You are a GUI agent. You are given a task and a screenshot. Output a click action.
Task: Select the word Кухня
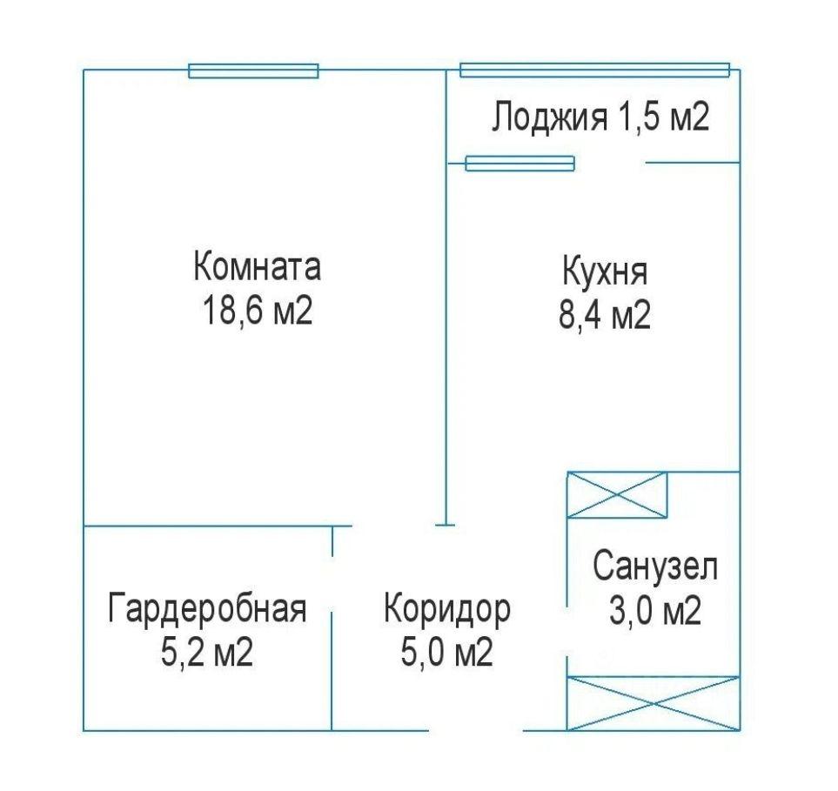[x=605, y=271]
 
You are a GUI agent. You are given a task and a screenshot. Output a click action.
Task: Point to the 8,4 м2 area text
[x=605, y=314]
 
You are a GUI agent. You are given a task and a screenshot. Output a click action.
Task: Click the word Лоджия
[x=549, y=117]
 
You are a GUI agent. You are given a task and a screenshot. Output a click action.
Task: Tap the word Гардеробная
[x=207, y=608]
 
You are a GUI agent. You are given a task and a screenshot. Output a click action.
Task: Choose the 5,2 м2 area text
[x=207, y=652]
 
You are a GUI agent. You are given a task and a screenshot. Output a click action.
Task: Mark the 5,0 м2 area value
[x=447, y=652]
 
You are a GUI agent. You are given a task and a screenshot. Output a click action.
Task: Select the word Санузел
[x=655, y=566]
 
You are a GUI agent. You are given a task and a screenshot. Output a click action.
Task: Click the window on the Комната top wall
[x=253, y=71]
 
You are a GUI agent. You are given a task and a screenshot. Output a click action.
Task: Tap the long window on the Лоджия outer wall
[x=595, y=70]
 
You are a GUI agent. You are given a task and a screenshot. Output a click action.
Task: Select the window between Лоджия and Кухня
[x=520, y=164]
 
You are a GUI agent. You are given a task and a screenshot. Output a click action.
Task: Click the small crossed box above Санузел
[x=617, y=495]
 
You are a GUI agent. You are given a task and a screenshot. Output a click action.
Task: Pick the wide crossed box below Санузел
[x=654, y=703]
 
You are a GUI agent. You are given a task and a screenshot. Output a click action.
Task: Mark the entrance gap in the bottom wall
[x=476, y=731]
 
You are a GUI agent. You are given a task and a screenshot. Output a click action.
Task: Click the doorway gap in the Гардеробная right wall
[x=332, y=585]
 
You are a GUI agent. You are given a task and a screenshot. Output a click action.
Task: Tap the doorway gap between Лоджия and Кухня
[x=610, y=163]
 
